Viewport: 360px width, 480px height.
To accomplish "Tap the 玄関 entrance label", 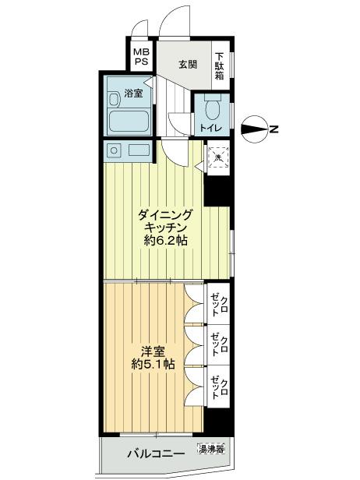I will pyautogui.click(x=186, y=65).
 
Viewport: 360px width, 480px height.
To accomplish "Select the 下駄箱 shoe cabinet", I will pyautogui.click(x=220, y=65).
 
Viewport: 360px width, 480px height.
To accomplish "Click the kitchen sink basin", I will pyautogui.click(x=139, y=150).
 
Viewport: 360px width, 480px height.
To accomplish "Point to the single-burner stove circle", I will pyautogui.click(x=114, y=150).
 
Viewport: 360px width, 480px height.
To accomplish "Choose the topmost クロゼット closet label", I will pyautogui.click(x=219, y=305).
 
